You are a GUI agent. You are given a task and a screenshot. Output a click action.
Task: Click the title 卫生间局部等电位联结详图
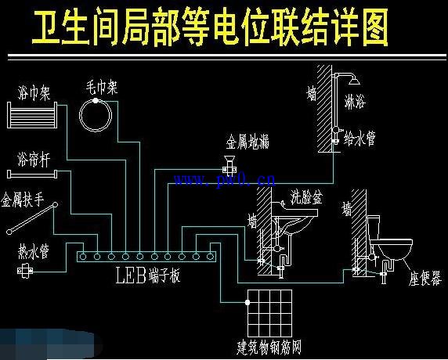210,29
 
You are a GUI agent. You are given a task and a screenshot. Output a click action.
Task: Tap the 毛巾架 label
103,88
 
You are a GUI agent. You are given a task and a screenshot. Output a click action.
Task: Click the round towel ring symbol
98,115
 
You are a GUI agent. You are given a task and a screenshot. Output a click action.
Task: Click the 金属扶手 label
24,201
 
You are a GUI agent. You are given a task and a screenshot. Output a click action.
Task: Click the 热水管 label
34,252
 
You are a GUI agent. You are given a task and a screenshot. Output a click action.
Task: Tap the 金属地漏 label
248,142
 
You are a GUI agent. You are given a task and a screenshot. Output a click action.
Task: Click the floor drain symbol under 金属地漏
229,167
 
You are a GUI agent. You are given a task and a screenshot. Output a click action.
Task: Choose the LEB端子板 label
147,275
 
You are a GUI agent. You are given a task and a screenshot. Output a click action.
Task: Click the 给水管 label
361,139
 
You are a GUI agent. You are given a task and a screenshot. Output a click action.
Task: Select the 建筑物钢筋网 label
270,345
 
